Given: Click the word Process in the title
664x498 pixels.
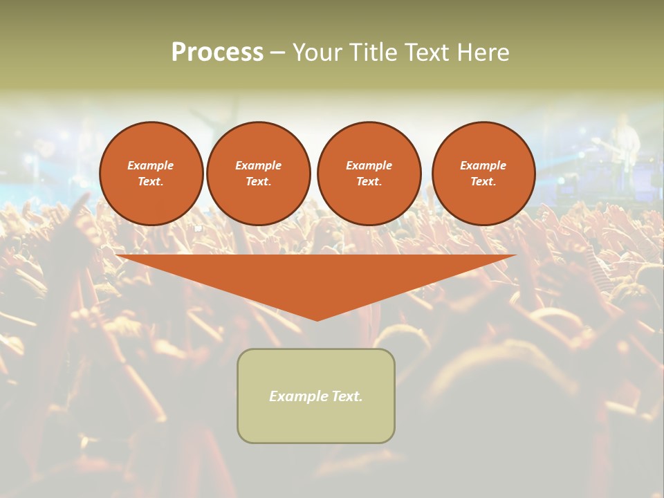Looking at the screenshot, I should pyautogui.click(x=217, y=53).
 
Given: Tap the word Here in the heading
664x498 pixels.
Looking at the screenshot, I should pyautogui.click(x=483, y=53).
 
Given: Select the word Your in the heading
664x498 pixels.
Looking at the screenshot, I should pyautogui.click(x=315, y=53).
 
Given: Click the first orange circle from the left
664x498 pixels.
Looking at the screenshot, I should pyautogui.click(x=151, y=174).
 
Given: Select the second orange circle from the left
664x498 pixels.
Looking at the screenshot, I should pyautogui.click(x=258, y=174).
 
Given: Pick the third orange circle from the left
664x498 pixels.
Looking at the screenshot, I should pyautogui.click(x=369, y=174).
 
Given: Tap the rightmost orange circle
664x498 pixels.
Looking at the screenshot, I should pyautogui.click(x=483, y=174).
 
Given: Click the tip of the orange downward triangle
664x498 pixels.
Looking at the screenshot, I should pyautogui.click(x=317, y=319).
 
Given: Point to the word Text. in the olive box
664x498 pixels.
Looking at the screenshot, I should pyautogui.click(x=346, y=396).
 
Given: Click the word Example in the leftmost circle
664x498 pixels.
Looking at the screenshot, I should pyautogui.click(x=151, y=165).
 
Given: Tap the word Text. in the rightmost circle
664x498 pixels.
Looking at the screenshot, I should pyautogui.click(x=483, y=182).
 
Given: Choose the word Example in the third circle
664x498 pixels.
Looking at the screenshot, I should pyautogui.click(x=369, y=165).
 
